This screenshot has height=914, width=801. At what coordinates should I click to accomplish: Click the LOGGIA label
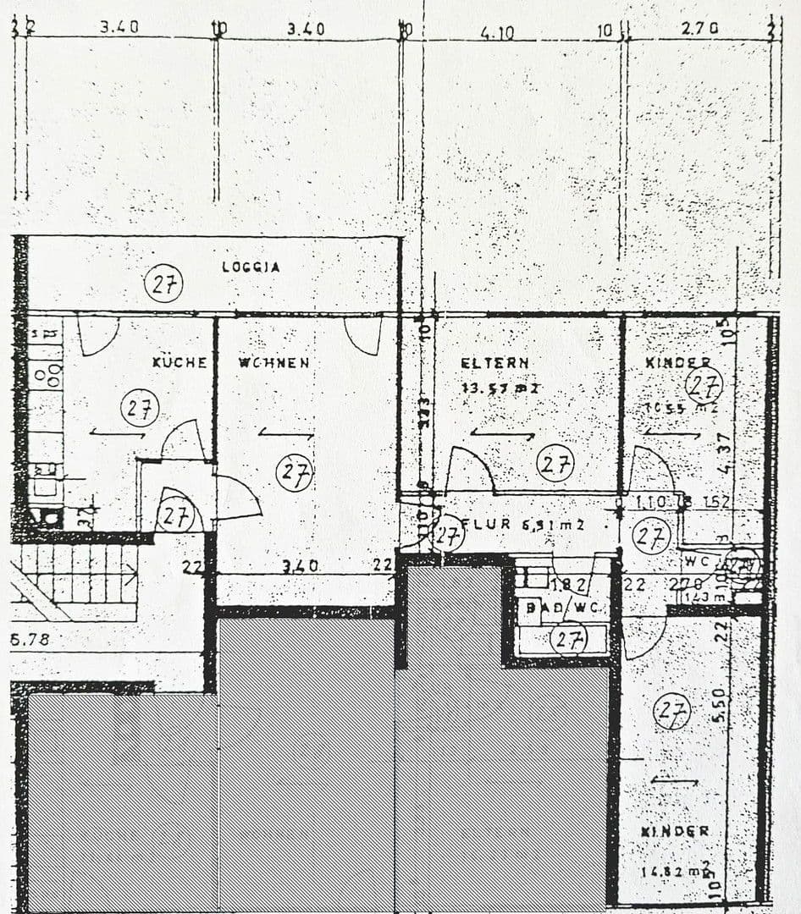click(251, 267)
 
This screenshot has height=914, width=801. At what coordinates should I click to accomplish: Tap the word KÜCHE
click(180, 362)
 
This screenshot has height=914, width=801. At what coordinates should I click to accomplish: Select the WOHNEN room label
click(273, 362)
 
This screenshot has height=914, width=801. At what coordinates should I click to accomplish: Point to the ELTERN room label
click(494, 362)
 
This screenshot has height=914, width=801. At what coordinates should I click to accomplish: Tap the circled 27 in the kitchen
click(140, 409)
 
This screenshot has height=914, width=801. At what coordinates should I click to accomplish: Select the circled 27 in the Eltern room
click(555, 463)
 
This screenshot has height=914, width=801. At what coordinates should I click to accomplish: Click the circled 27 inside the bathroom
click(569, 639)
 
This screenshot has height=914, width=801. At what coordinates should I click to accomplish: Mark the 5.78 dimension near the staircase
click(30, 639)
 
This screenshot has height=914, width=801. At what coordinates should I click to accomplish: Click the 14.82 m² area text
click(676, 869)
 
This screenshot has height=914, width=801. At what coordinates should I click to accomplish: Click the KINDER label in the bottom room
click(675, 831)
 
